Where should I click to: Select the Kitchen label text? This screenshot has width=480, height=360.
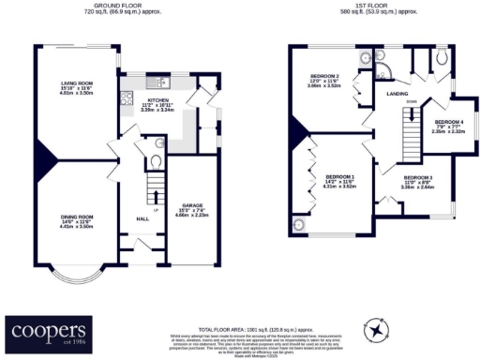(157, 99)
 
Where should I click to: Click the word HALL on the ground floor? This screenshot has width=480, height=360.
(142, 217)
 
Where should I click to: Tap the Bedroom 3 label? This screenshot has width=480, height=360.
(417, 177)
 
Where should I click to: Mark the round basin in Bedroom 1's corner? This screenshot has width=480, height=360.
(299, 224)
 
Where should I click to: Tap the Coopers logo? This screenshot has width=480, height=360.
(48, 331)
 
